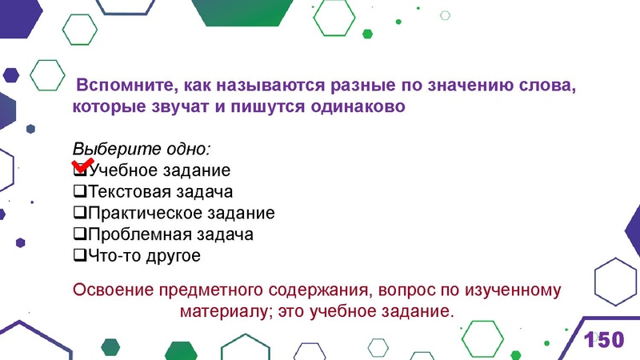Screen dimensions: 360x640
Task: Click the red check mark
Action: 82,166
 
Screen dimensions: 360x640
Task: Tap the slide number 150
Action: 604,339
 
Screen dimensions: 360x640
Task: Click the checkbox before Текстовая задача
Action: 78,192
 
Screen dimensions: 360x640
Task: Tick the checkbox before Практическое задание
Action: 78,214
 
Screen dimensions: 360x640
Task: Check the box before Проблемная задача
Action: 78,235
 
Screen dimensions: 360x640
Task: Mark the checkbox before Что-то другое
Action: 78,257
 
